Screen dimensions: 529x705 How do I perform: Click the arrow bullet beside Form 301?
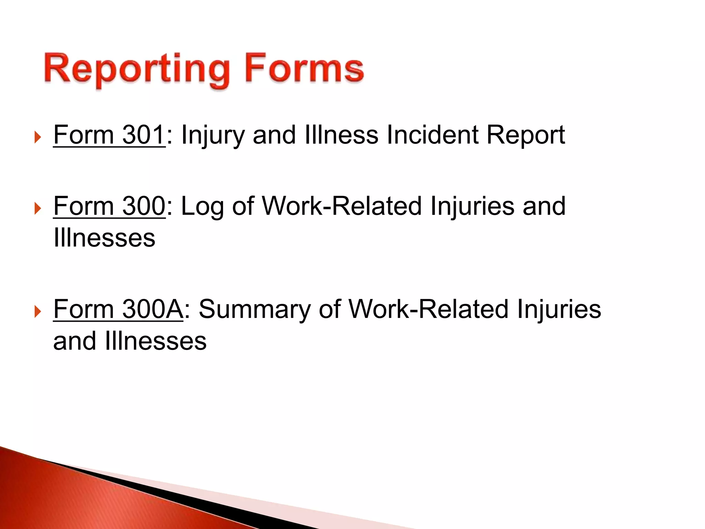pyautogui.click(x=38, y=137)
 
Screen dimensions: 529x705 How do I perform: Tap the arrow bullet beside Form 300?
pyautogui.click(x=38, y=208)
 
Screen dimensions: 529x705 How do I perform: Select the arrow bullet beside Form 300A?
pyautogui.click(x=38, y=312)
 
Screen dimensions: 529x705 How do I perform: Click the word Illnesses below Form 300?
pyautogui.click(x=104, y=238)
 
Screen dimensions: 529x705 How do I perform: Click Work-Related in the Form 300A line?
pyautogui.click(x=428, y=309)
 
